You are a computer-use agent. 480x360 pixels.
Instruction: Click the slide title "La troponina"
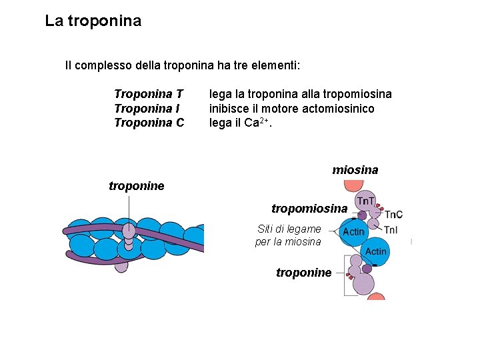93,21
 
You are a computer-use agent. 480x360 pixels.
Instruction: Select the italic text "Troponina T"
149,94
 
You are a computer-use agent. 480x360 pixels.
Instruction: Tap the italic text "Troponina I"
147,108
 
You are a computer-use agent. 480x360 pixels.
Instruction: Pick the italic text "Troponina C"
149,123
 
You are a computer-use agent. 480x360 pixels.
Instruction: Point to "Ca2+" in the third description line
254,122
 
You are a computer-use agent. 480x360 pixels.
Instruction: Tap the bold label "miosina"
355,170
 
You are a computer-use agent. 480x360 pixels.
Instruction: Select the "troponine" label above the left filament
136,186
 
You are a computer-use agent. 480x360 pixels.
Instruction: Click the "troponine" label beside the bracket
303,273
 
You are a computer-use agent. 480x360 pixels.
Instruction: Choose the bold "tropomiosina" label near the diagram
309,209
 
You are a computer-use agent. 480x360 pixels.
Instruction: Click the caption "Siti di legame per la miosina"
289,235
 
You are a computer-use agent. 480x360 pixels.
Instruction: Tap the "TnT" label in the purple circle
365,201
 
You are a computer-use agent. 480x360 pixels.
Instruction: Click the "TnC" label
393,214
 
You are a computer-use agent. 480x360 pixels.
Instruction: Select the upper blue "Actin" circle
353,231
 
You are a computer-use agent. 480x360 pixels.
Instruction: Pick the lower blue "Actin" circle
375,251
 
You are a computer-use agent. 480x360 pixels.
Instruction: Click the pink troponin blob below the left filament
121,265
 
